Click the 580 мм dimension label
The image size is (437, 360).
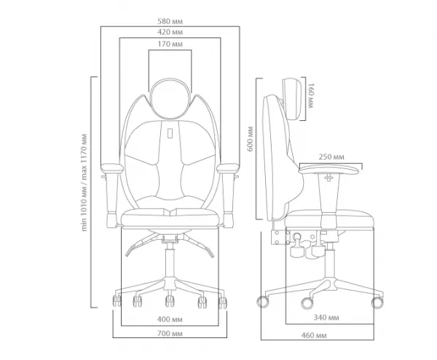(x=170, y=21)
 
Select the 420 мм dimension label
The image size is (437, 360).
(x=170, y=32)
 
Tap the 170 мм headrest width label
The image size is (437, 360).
(x=170, y=44)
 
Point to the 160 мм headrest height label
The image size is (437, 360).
(x=310, y=95)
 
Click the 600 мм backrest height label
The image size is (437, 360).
(x=251, y=139)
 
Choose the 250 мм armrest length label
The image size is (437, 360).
(x=331, y=157)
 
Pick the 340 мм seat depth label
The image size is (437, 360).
(x=326, y=318)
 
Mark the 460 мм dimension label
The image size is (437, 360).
(x=314, y=335)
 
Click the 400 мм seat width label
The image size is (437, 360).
(x=170, y=319)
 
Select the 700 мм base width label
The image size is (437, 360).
(x=170, y=334)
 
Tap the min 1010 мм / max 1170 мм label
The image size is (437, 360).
(x=84, y=183)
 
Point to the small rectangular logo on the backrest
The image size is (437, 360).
(x=170, y=133)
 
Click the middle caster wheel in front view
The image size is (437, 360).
(x=169, y=301)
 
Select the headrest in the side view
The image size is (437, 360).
(x=292, y=99)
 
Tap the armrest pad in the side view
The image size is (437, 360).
(x=328, y=169)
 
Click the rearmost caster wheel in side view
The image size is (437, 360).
(x=262, y=302)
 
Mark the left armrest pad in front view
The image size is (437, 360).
(x=111, y=168)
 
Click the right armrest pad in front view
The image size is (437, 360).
(x=228, y=168)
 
